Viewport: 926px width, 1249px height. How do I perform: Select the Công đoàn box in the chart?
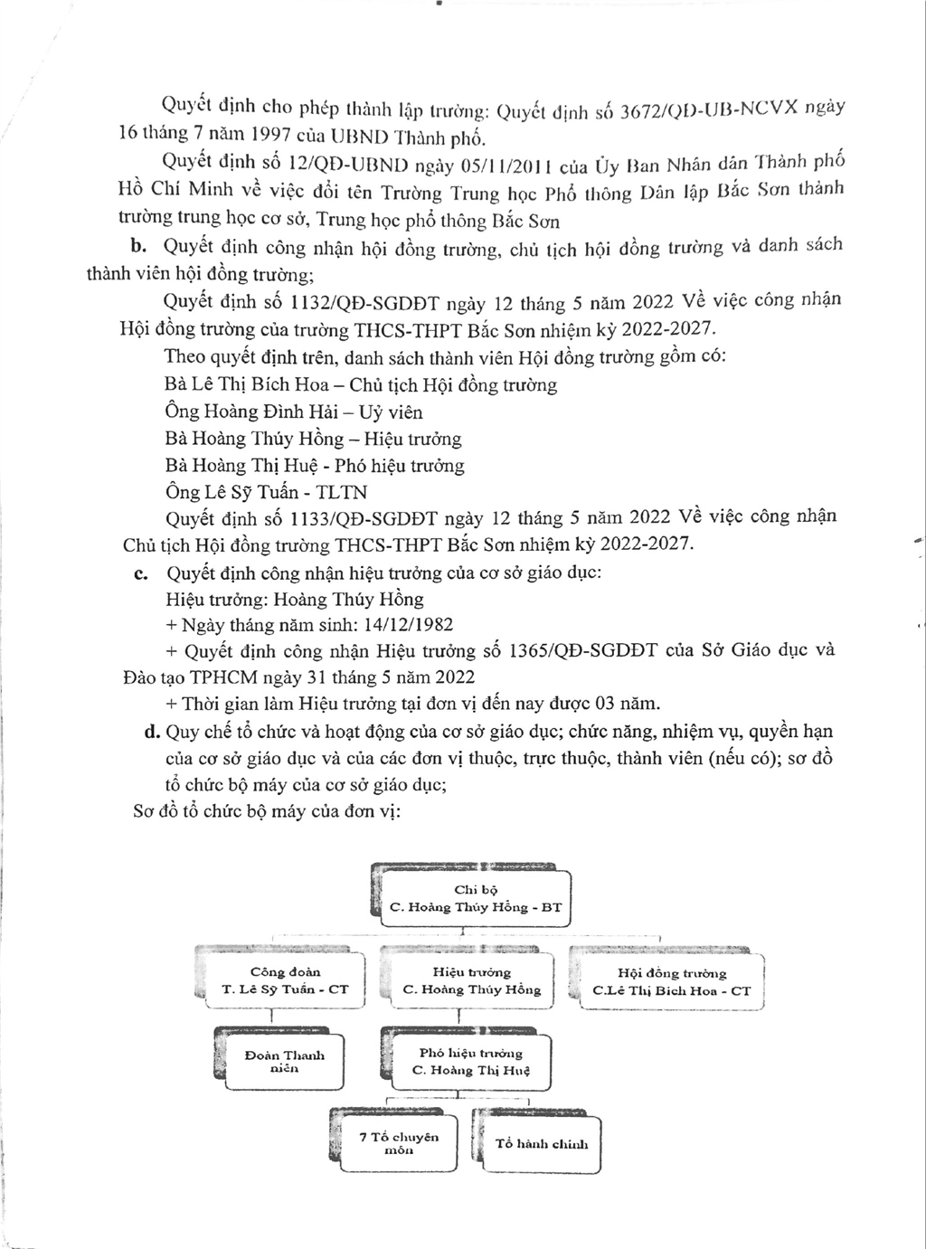[x=285, y=980]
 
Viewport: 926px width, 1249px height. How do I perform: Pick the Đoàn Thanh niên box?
[x=284, y=1061]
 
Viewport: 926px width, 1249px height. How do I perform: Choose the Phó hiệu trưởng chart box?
[x=470, y=1061]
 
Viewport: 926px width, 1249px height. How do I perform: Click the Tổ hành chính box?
[x=542, y=1144]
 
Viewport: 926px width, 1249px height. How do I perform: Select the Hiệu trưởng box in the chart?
[x=471, y=980]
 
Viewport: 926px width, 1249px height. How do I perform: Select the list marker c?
[x=141, y=573]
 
